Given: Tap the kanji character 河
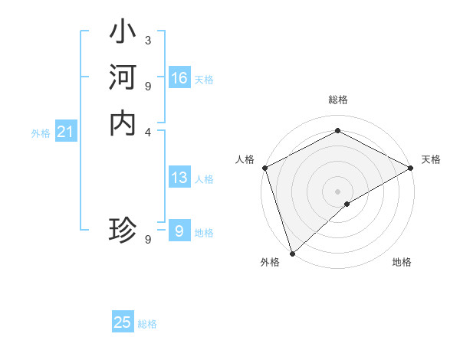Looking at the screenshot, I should pyautogui.click(x=123, y=78).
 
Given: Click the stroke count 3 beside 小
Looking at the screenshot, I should pyautogui.click(x=148, y=40).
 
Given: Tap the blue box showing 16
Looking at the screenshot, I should pyautogui.click(x=179, y=78).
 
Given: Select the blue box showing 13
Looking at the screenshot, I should pyautogui.click(x=179, y=178).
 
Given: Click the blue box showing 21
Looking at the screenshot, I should pyautogui.click(x=65, y=133).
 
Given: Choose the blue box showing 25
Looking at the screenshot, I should pyautogui.click(x=123, y=323).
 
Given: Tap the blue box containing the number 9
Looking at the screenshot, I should pyautogui.click(x=179, y=231).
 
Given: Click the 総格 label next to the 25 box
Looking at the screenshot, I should pyautogui.click(x=147, y=324).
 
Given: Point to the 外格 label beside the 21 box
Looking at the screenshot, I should pyautogui.click(x=41, y=133).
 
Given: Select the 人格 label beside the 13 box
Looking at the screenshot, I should pyautogui.click(x=204, y=179).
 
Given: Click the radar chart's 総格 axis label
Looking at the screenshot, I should pyautogui.click(x=337, y=100).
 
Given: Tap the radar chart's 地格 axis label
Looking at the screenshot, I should pyautogui.click(x=402, y=263).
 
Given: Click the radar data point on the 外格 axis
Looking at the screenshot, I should pyautogui.click(x=292, y=253).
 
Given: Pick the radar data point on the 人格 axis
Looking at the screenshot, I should pyautogui.click(x=264, y=168).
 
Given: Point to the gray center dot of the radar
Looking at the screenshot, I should pyautogui.click(x=337, y=191).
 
